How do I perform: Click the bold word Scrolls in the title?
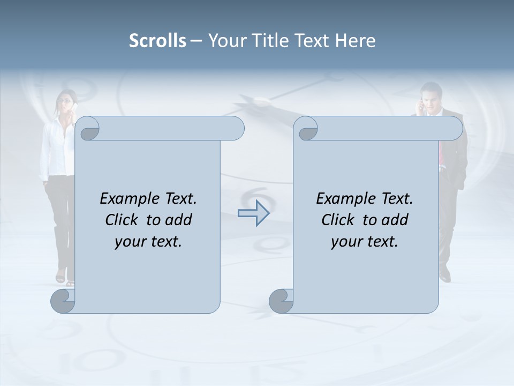pos(157,41)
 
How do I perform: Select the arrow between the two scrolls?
pos(253,213)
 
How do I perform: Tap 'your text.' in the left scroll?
pos(148,242)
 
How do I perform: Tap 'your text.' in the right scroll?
pos(365,242)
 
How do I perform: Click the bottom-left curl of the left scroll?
pos(63,301)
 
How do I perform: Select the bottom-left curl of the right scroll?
pos(281,301)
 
